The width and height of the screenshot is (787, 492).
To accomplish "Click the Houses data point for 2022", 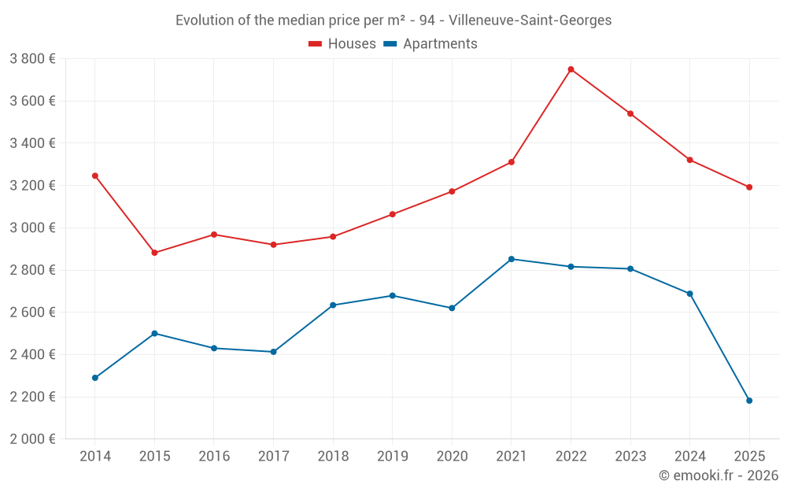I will (x=571, y=69).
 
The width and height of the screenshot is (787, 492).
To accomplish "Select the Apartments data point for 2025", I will (x=749, y=401).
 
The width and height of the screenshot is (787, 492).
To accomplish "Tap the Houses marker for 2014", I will (x=95, y=176).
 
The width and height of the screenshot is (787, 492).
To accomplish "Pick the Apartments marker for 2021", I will (x=512, y=259).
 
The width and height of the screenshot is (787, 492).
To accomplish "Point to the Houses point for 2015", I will (x=154, y=253).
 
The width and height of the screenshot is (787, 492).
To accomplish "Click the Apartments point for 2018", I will (x=333, y=305).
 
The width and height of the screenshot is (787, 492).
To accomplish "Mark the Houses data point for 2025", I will (x=749, y=187).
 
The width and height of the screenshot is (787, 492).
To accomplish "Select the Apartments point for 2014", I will (x=95, y=378).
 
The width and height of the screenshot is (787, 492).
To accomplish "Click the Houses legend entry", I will (x=342, y=44).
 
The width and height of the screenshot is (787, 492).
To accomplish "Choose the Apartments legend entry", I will (x=430, y=44).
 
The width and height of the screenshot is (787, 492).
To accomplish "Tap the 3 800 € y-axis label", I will (x=32, y=59).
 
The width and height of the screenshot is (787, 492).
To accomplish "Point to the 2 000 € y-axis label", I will (x=32, y=439).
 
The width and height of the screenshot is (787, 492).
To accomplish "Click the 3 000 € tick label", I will (x=32, y=228).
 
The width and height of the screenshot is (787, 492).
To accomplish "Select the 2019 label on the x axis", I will (x=392, y=457).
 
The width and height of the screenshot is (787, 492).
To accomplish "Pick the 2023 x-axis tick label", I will (x=630, y=457).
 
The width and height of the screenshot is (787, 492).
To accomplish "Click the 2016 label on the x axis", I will (x=214, y=457).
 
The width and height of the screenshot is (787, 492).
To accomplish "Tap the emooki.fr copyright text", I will (x=718, y=475).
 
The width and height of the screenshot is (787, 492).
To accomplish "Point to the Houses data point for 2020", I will (x=452, y=191).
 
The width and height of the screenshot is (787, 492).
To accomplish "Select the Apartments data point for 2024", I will (x=689, y=294).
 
